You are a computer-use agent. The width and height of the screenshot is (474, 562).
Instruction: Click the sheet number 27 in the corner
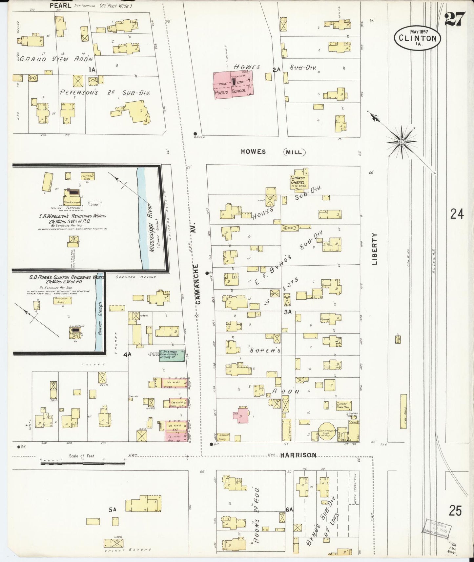tap(455, 19)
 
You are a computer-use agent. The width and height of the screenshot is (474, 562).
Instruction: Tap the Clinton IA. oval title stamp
tap(418, 38)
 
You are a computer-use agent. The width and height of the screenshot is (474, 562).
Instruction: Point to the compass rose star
tap(401, 142)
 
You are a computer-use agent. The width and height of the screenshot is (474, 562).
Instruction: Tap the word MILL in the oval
tap(294, 152)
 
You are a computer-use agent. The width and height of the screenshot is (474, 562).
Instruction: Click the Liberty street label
tap(375, 249)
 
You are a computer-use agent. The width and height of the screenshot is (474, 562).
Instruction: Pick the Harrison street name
tap(298, 455)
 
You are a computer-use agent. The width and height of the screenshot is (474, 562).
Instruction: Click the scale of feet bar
tap(84, 464)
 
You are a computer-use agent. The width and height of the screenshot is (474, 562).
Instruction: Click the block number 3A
tap(288, 312)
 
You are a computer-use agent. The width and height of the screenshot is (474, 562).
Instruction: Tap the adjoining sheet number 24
tap(457, 214)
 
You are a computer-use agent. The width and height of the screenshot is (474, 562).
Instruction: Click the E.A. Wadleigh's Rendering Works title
tap(72, 216)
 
